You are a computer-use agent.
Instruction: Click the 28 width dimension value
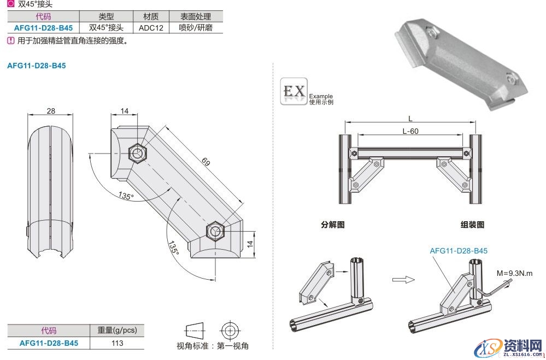pos(51,111)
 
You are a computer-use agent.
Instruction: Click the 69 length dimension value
pos(206,162)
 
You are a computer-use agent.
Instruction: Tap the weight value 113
pos(116,343)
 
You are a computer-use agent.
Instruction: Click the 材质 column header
pos(150,17)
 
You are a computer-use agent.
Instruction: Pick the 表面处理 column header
pos(195,17)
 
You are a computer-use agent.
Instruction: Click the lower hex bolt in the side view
pos(215,231)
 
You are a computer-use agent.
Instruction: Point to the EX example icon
pos(294,92)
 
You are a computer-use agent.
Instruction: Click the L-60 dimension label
pos(410,131)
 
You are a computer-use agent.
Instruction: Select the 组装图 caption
pos(472,225)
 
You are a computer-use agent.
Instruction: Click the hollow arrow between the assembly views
pos(401,279)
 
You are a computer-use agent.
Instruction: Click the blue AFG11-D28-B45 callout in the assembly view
pos(458,251)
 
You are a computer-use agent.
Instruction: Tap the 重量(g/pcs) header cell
pos(116,331)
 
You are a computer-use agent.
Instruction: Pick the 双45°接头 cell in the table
pos(106,27)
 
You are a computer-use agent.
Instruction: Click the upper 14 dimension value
pos(125,111)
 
